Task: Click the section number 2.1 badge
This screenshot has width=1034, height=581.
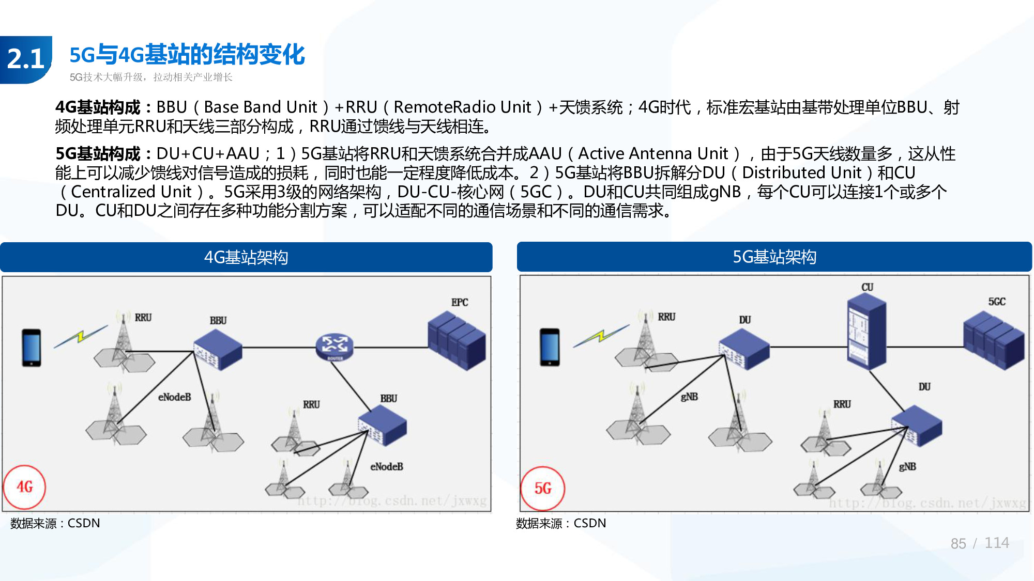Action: (26, 59)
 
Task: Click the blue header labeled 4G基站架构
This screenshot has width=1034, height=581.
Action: (246, 257)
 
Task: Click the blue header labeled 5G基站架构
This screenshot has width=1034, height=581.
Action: (774, 257)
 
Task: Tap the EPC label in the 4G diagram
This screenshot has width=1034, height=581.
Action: (459, 302)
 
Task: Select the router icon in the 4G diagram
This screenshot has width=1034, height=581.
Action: (334, 346)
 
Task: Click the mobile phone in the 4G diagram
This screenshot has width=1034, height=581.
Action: (32, 348)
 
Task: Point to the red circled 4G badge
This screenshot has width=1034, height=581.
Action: (25, 487)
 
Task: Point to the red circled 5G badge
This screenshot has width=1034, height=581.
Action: (542, 488)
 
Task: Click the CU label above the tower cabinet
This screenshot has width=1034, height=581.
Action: (867, 287)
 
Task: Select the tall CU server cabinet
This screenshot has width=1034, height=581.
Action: (866, 331)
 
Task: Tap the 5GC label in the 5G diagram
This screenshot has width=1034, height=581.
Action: (996, 302)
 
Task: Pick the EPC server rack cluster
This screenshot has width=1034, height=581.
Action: (457, 341)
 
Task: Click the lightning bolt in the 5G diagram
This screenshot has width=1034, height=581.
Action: (601, 336)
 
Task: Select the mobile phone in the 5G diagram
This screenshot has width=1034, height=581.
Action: (550, 347)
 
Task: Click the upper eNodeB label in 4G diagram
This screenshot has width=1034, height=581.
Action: (174, 397)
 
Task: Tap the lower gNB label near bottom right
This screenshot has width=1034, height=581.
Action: (907, 466)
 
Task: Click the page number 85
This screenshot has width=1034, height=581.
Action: (958, 543)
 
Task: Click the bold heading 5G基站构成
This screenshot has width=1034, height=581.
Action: (98, 153)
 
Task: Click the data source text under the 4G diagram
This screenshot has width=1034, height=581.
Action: (55, 523)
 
